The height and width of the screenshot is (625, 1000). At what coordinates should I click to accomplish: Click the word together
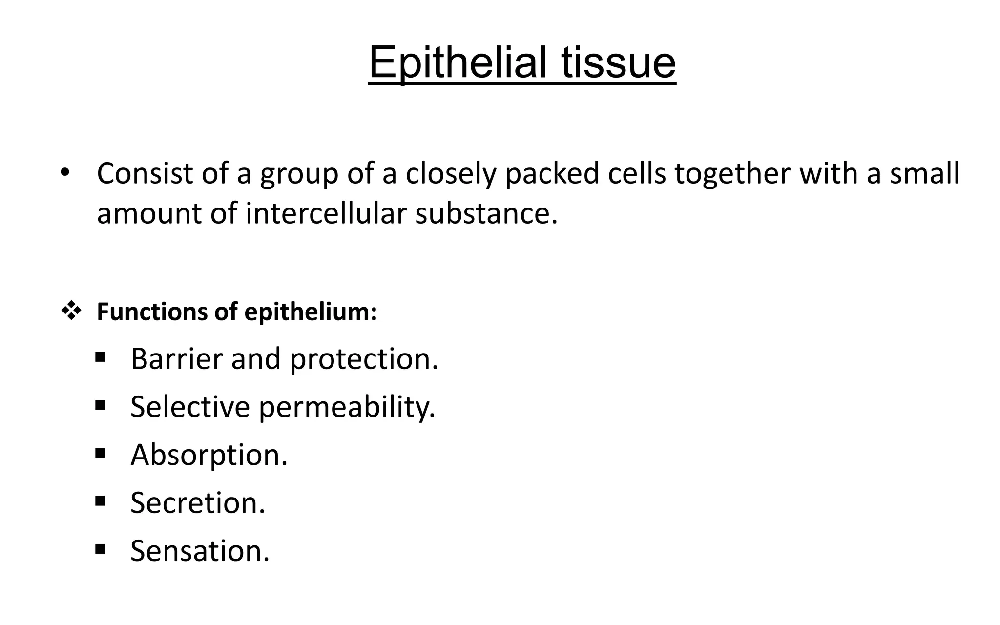[x=732, y=174]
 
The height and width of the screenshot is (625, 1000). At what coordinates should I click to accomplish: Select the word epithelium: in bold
[x=311, y=312]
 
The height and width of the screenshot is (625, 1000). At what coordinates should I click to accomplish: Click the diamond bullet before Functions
[x=71, y=312]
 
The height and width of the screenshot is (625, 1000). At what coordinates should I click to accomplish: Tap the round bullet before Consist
[x=64, y=173]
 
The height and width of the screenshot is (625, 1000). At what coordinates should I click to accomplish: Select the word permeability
[x=347, y=407]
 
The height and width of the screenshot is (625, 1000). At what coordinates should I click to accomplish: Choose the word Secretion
[x=198, y=503]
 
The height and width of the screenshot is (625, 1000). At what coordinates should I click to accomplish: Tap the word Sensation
[x=200, y=551]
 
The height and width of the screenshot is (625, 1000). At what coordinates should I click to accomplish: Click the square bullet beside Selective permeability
[x=101, y=405]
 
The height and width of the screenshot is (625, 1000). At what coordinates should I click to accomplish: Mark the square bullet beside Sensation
[x=101, y=549]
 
